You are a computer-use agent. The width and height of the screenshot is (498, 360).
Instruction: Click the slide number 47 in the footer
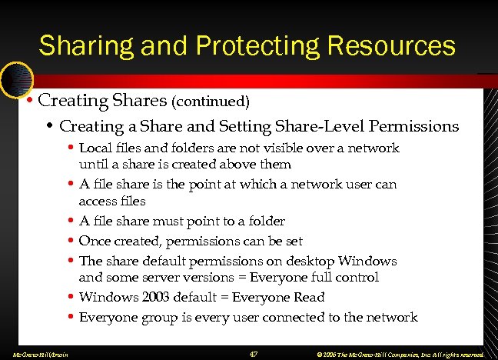tap(254, 353)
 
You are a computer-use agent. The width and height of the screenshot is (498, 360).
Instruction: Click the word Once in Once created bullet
tap(95, 241)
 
